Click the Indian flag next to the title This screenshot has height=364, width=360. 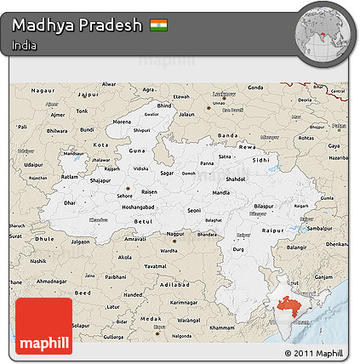[x=159, y=25]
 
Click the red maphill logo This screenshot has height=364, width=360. [x=43, y=326]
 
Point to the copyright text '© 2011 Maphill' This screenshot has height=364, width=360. [x=314, y=352]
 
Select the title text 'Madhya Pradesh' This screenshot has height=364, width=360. [x=77, y=25]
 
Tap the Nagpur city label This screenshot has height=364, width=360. [x=175, y=232]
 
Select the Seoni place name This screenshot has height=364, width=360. [x=197, y=210]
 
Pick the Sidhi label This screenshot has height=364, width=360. [x=261, y=159]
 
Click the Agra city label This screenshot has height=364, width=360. [x=149, y=89]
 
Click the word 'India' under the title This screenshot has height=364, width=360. [x=24, y=45]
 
